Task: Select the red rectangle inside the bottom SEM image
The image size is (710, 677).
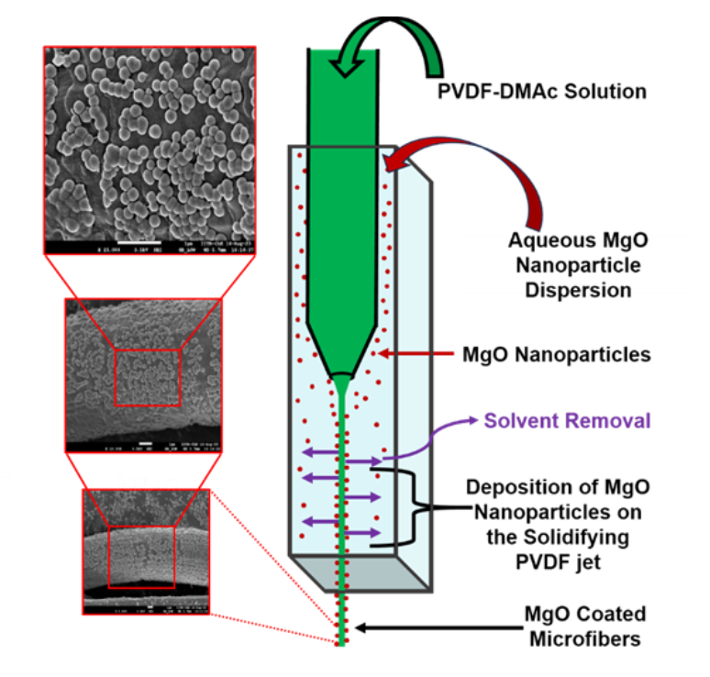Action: [135, 555]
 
